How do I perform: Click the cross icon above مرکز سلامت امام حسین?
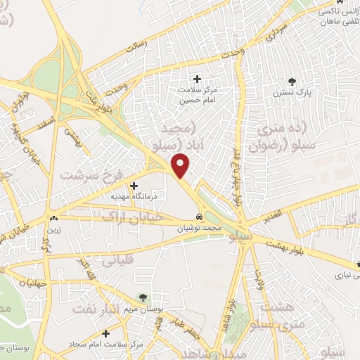tap(197, 78)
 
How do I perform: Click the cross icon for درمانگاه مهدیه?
tap(134, 186)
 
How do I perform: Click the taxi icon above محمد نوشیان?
tap(200, 217)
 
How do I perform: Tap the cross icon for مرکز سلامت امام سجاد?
tap(105, 333)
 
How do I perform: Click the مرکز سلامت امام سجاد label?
tap(106, 345)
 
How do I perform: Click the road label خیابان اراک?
tap(133, 217)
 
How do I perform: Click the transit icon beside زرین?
tap(53, 217)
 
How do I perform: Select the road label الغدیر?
tap(271, 213)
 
